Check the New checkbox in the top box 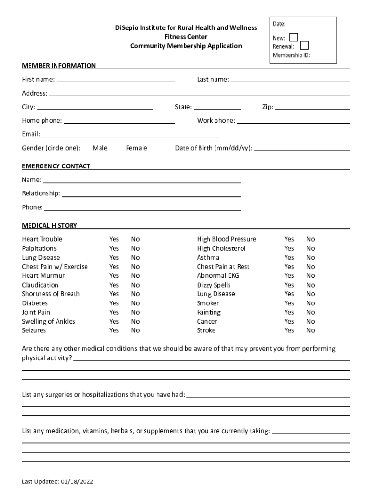[293, 37]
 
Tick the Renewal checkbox [304, 46]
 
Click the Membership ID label [291, 55]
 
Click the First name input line [115, 82]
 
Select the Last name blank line [290, 82]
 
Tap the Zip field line [312, 110]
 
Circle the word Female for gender [136, 148]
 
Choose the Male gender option [100, 148]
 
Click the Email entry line [130, 137]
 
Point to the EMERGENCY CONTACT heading [56, 166]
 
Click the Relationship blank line [151, 196]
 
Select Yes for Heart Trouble [114, 239]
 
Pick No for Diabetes [135, 303]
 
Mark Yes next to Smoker [289, 303]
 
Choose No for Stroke [310, 331]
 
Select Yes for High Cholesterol [289, 248]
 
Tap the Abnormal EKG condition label [218, 276]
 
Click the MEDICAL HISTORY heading [49, 226]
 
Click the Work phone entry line [293, 123]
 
